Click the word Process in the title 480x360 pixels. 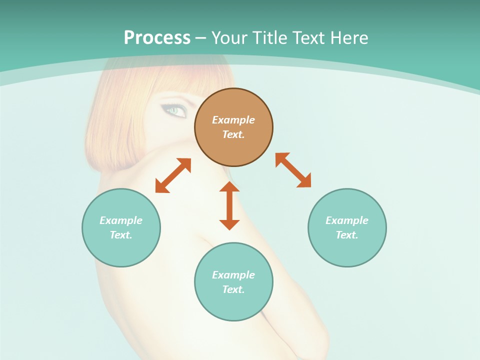pyautogui.click(x=157, y=38)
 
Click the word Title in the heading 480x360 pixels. pyautogui.click(x=271, y=38)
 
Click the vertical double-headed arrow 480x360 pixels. pyautogui.click(x=229, y=205)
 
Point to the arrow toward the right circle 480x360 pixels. pyautogui.click(x=293, y=170)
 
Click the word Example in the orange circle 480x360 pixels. pyautogui.click(x=233, y=120)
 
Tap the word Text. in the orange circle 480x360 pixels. pyautogui.click(x=233, y=134)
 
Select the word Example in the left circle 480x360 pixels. pyautogui.click(x=121, y=220)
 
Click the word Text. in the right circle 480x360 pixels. pyautogui.click(x=347, y=235)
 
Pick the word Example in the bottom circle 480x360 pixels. pyautogui.click(x=233, y=275)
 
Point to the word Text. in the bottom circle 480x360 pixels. pyautogui.click(x=233, y=289)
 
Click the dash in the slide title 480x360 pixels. pyautogui.click(x=200, y=38)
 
